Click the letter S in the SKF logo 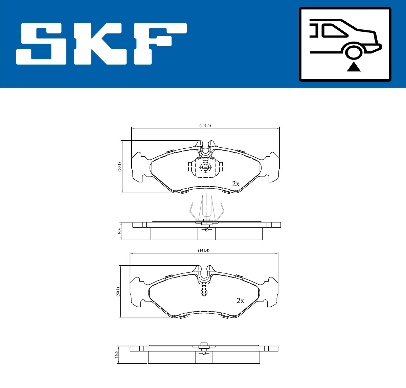tap(42, 44)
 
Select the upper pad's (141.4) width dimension tap(205, 125)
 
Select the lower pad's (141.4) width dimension tap(204, 250)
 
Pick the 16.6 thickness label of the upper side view tap(119, 231)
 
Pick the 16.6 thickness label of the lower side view tap(116, 355)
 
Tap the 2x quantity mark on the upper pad tap(235, 184)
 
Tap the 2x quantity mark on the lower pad tap(240, 300)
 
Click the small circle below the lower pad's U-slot tap(204, 292)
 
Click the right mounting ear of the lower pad tap(271, 292)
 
